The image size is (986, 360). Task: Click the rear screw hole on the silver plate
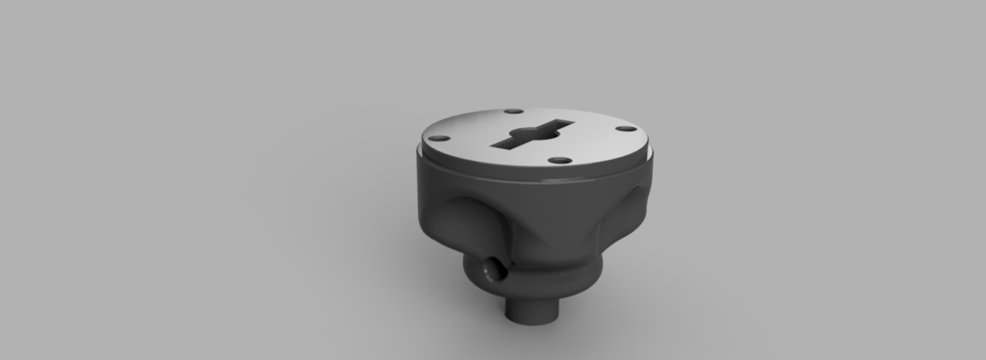point(512,112)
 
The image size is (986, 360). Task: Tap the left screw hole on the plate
point(438,138)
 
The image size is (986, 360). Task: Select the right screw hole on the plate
point(625,128)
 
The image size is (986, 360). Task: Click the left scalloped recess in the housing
point(472,217)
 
